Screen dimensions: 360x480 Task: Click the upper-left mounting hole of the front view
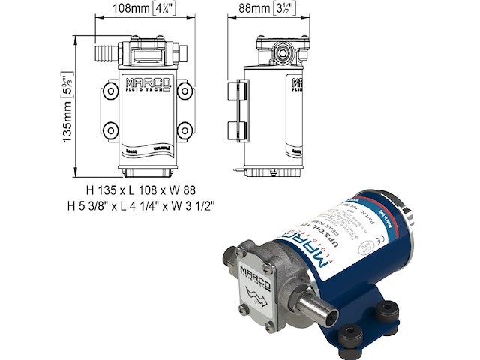coord(109,91)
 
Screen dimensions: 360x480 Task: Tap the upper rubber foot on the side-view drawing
coord(232,90)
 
